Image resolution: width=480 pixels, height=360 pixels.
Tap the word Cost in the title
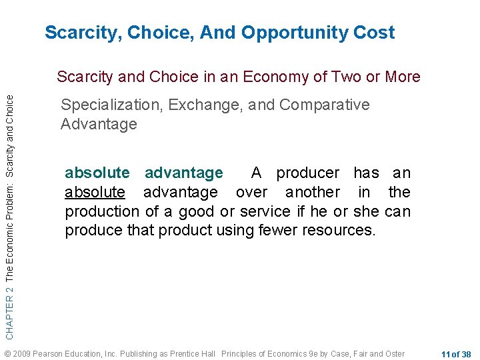(374, 33)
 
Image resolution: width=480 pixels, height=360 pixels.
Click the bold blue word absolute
(97, 173)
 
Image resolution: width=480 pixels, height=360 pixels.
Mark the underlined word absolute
(95, 193)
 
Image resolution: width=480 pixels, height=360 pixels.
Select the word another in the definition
(313, 193)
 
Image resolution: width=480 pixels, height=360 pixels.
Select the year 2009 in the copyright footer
(23, 353)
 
